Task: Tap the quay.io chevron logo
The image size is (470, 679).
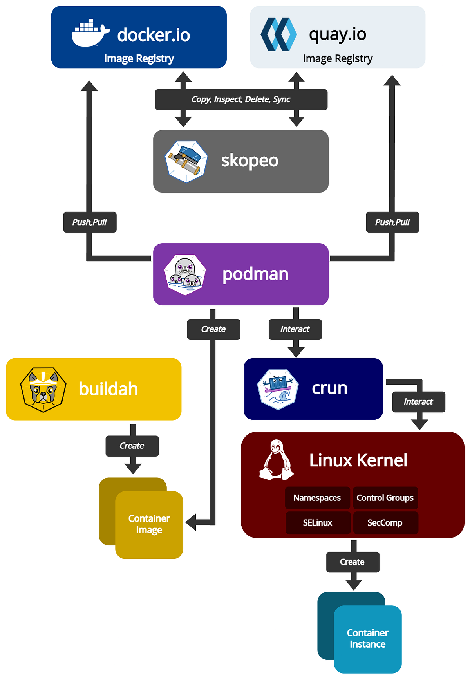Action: point(278,34)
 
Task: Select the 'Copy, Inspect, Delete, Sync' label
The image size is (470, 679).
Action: point(241,99)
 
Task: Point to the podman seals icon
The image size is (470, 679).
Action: point(185,274)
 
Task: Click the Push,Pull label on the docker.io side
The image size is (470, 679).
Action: point(90,222)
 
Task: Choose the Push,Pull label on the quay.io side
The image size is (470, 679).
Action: point(392,222)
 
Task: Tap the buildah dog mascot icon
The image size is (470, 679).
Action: point(43,389)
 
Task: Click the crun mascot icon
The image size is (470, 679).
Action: point(278,389)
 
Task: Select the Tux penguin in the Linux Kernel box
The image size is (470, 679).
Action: point(277,460)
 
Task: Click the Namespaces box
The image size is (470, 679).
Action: point(317,498)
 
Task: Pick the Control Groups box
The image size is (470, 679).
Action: point(385,498)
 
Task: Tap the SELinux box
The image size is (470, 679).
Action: point(317,523)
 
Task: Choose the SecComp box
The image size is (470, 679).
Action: point(385,523)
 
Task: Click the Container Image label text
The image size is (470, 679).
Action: point(149,524)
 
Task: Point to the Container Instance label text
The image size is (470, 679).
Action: point(367,638)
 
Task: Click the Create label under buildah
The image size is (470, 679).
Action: point(132,446)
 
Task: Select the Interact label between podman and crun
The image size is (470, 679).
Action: point(295,329)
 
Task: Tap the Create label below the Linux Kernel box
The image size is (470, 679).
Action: point(352,562)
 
